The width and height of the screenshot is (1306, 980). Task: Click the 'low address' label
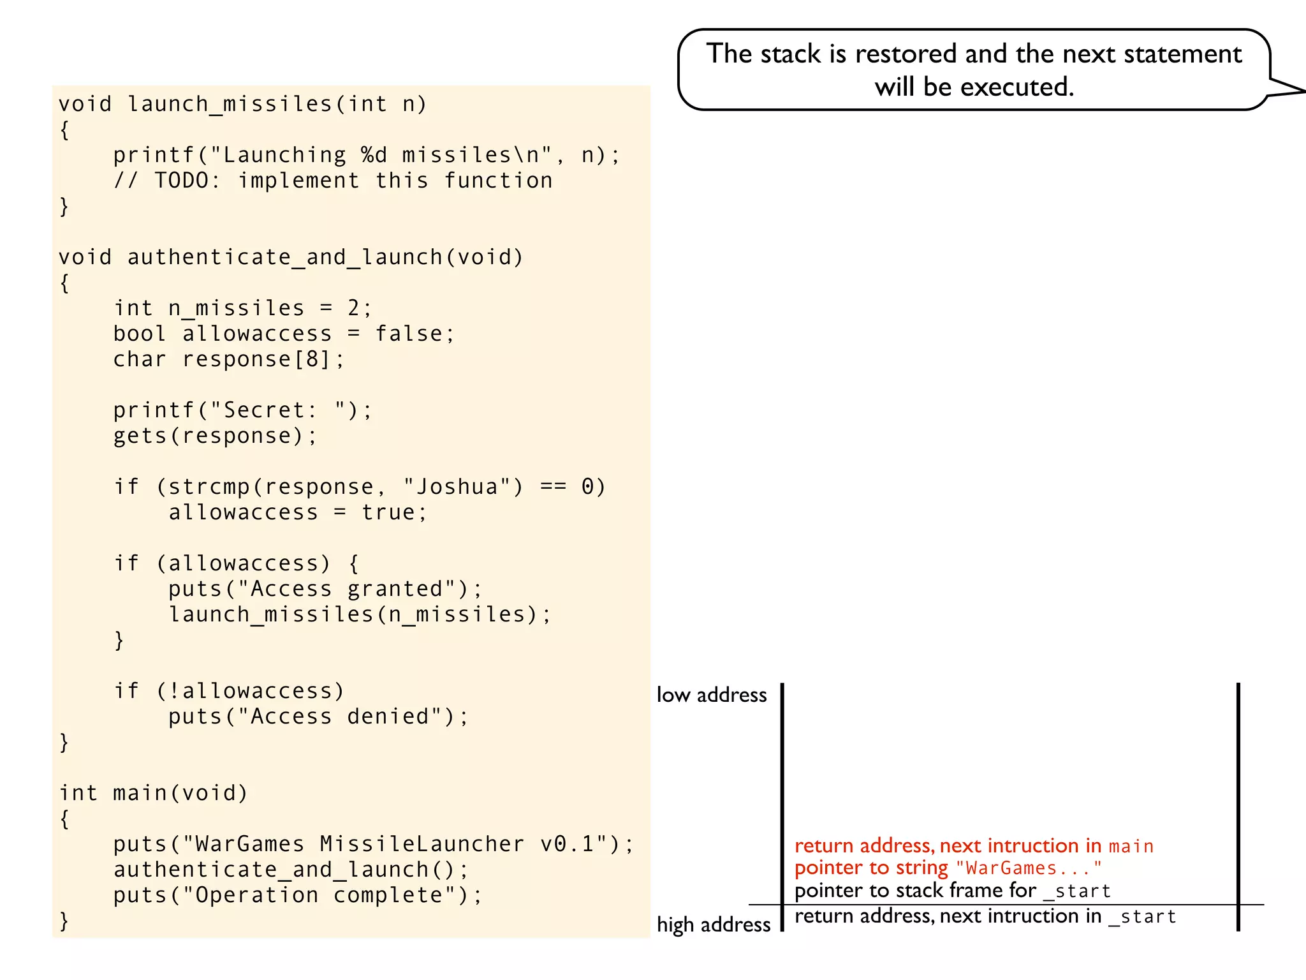click(x=712, y=695)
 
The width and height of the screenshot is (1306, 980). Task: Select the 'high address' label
click(x=714, y=924)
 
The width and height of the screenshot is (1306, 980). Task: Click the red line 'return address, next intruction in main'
click(x=974, y=846)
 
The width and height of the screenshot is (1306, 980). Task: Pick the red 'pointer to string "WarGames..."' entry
click(x=948, y=868)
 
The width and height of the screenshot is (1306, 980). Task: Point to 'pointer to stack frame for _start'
click(x=953, y=891)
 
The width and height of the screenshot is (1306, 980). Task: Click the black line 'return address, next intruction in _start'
click(x=985, y=917)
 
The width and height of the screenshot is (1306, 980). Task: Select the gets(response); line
click(x=215, y=436)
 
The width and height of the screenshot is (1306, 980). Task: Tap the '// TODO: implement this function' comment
click(x=333, y=181)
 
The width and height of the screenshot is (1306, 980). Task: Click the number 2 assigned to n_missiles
click(x=354, y=308)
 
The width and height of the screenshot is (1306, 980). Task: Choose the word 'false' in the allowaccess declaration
click(x=408, y=334)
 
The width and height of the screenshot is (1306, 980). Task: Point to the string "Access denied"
click(x=339, y=716)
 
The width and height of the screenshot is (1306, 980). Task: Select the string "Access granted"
click(x=346, y=589)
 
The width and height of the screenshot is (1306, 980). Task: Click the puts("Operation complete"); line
click(x=298, y=895)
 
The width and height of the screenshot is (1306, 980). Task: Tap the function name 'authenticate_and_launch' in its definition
click(x=284, y=257)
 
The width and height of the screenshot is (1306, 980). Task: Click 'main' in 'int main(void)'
click(x=140, y=793)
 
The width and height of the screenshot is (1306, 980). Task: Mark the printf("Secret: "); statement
click(x=242, y=410)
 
